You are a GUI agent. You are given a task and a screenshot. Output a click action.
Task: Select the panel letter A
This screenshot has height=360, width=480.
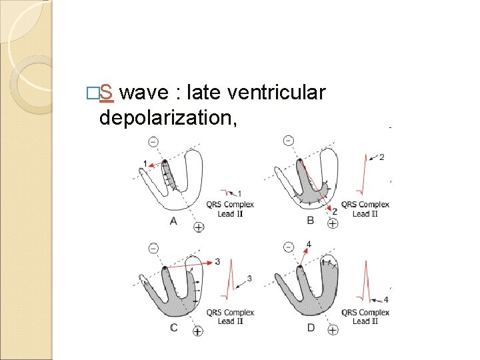pyautogui.click(x=173, y=221)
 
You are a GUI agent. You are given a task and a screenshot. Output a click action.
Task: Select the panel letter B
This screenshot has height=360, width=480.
pyautogui.click(x=310, y=219)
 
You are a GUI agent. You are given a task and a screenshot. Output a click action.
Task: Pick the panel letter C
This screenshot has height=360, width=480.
pyautogui.click(x=173, y=327)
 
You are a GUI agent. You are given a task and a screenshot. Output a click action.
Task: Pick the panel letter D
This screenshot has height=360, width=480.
pyautogui.click(x=310, y=327)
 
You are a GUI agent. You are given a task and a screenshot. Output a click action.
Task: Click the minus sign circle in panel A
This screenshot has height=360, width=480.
pyautogui.click(x=153, y=141)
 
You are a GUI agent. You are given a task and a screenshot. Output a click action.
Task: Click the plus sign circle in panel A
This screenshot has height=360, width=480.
pyautogui.click(x=198, y=227)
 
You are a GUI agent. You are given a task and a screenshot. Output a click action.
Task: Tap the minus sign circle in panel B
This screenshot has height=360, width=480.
pyautogui.click(x=288, y=140)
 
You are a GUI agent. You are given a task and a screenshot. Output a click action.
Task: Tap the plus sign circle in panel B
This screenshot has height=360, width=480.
pyautogui.click(x=333, y=224)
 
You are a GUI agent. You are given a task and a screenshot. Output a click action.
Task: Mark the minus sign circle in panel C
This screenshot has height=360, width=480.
pyautogui.click(x=153, y=247)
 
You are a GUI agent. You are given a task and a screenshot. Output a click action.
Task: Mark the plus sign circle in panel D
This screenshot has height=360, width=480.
pyautogui.click(x=333, y=330)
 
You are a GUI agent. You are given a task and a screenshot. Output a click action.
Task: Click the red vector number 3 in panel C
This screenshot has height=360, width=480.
pyautogui.click(x=217, y=261)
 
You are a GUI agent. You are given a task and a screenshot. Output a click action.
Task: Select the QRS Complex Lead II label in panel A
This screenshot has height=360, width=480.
pyautogui.click(x=230, y=209)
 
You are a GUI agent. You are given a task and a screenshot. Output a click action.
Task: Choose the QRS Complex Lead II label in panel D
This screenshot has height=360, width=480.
pyautogui.click(x=365, y=317)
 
